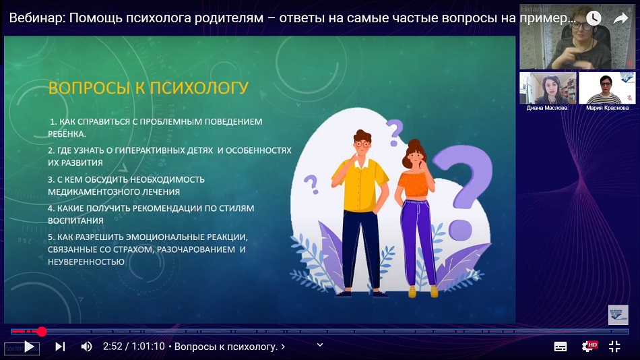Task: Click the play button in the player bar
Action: coord(29,347)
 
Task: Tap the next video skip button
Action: coord(60,347)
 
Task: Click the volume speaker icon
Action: coord(86,347)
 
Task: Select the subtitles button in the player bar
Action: coord(561,347)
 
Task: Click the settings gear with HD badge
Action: coord(589,347)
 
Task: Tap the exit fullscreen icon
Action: coord(614,347)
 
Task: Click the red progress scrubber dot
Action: coord(42,332)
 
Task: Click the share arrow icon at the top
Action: coord(621,18)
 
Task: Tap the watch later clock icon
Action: coord(594,18)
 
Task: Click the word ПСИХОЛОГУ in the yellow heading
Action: coord(199,88)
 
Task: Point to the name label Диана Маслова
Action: coord(547,108)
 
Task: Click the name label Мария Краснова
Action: coord(608,108)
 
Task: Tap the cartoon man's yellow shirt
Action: coord(359,184)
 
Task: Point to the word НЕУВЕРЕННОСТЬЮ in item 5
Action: coord(86,262)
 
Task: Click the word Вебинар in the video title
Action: coord(37,18)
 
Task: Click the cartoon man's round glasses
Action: coord(362,144)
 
